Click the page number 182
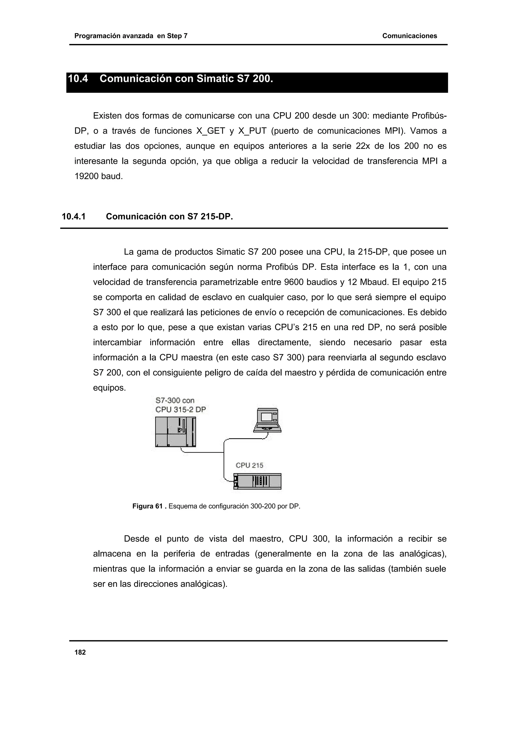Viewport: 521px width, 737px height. click(80, 652)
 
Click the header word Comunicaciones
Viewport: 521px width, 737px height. click(409, 36)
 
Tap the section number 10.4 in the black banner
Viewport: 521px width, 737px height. click(78, 79)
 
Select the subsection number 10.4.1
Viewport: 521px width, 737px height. click(74, 217)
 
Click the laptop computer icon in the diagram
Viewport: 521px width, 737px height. click(267, 420)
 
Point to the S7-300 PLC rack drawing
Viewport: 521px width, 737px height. click(175, 432)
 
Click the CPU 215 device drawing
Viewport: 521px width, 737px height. click(257, 481)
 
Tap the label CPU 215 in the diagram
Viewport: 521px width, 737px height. click(249, 465)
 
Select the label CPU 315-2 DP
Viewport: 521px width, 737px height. click(180, 410)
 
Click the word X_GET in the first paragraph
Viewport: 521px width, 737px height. click(210, 131)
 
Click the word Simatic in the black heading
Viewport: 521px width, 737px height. click(214, 79)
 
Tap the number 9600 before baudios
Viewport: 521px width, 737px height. click(294, 282)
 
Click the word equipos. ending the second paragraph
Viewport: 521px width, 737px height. click(109, 388)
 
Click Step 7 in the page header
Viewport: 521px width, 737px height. click(177, 36)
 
